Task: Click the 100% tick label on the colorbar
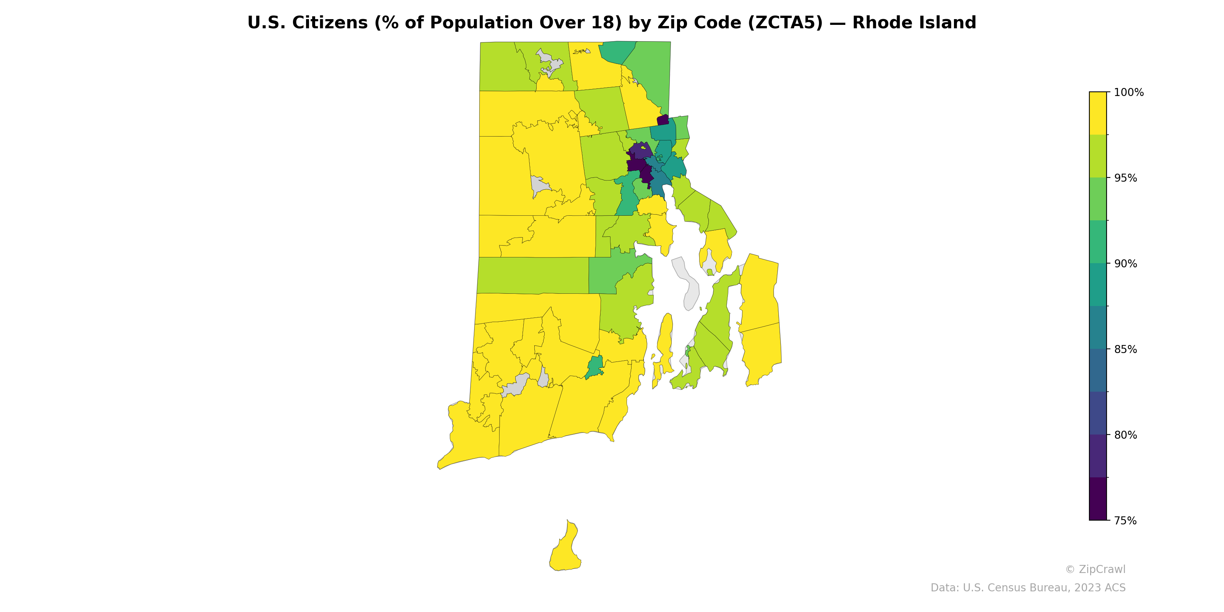tap(1128, 93)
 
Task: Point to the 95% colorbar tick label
tap(1126, 178)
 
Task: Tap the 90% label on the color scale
tap(1126, 264)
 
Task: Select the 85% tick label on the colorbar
tap(1126, 349)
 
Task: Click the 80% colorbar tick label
tap(1126, 435)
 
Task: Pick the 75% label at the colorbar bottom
tap(1126, 521)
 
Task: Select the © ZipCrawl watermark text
tap(1095, 569)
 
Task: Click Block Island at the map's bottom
tap(565, 551)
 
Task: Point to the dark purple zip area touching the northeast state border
tap(663, 120)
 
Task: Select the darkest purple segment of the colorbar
tap(1098, 499)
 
